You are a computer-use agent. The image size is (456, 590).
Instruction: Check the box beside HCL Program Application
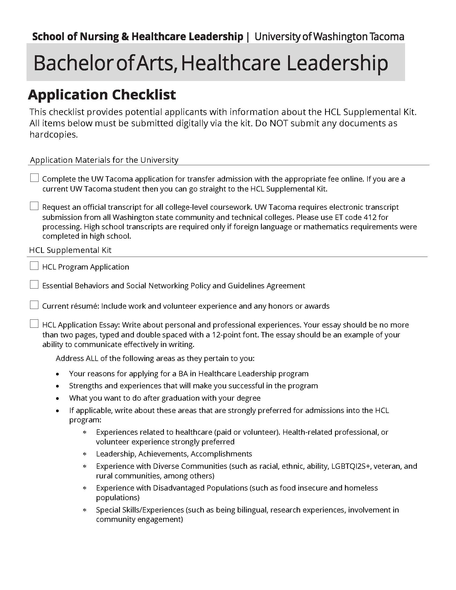coord(34,266)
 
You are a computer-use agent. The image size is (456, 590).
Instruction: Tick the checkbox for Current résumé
coord(34,305)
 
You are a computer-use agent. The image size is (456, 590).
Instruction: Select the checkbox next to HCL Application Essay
coord(34,324)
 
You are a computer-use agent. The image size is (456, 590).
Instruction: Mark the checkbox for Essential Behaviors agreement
coord(34,285)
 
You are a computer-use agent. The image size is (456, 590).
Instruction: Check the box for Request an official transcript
coord(34,206)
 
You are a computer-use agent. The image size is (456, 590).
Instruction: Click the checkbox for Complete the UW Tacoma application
coord(34,178)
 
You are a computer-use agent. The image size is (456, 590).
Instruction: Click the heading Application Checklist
coord(102,95)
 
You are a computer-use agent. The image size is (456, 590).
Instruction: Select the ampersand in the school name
coord(125,37)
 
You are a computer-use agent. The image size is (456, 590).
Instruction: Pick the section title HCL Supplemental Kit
coord(70,250)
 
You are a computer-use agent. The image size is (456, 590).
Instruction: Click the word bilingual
coord(252,510)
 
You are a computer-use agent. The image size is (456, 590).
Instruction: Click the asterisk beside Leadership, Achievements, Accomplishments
coord(84,454)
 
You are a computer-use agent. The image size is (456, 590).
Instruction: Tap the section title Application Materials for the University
coord(104,160)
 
